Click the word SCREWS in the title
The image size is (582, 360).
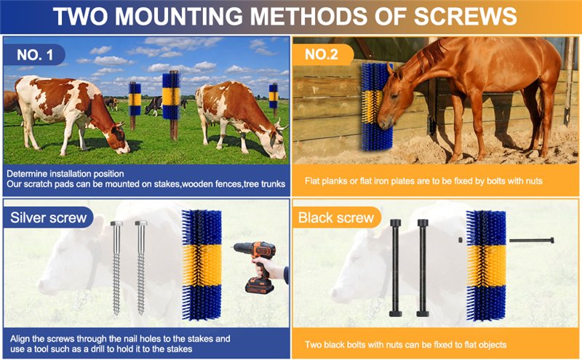click(465, 16)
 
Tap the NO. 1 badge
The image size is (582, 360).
click(34, 55)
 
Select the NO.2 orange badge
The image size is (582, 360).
click(322, 55)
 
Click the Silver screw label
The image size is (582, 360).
click(48, 217)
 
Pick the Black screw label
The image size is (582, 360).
click(336, 217)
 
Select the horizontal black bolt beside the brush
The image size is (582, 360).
click(532, 241)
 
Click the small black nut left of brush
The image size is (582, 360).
click(461, 240)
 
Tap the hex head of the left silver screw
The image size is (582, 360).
click(116, 223)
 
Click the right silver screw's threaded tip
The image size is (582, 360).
click(140, 311)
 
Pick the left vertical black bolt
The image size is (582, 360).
click(395, 268)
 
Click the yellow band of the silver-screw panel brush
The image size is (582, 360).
click(202, 265)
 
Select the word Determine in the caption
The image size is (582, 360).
click(28, 174)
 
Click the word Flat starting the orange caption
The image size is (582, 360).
click(312, 181)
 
